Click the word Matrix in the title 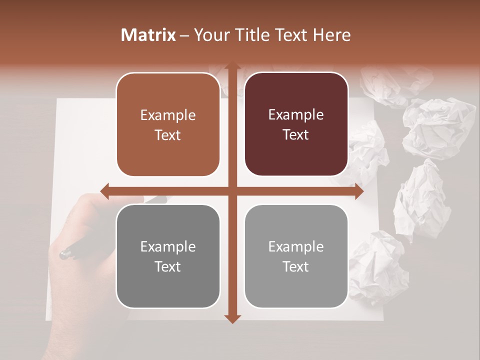click(148, 35)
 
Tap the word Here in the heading click(331, 35)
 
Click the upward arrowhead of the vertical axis click(232, 67)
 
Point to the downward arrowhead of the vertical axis click(232, 318)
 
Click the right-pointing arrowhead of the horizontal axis click(358, 191)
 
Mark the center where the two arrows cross click(232, 191)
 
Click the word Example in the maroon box click(296, 115)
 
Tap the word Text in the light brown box click(168, 135)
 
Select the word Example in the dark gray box click(168, 246)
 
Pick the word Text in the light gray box click(296, 266)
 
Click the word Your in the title click(209, 35)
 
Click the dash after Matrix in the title click(184, 35)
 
